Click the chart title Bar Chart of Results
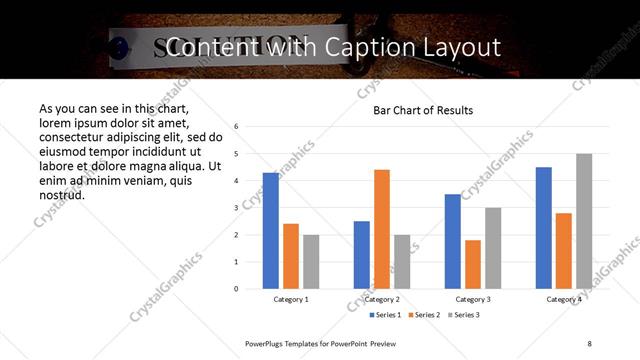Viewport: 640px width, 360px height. pos(423,110)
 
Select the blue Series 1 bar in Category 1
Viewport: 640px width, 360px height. pos(271,230)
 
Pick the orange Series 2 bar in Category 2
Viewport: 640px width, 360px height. pos(382,229)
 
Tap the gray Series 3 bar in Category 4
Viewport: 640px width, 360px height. pos(584,221)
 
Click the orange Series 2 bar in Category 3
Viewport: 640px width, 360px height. pos(473,264)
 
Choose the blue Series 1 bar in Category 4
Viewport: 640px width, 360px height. pos(544,228)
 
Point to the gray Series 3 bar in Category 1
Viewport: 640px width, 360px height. pos(311,262)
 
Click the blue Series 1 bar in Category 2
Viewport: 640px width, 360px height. pos(362,255)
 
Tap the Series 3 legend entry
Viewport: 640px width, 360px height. pos(464,315)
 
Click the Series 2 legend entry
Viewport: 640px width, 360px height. pos(426,315)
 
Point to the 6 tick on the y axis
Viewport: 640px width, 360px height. pos(236,127)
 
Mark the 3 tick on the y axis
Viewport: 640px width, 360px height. pos(236,208)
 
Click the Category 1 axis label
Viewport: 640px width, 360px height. pos(291,299)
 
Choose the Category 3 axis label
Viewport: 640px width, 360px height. pos(473,299)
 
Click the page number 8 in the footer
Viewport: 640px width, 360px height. pos(590,343)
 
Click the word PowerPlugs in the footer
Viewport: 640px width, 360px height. pos(267,343)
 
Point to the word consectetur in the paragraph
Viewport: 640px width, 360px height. pos(74,137)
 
